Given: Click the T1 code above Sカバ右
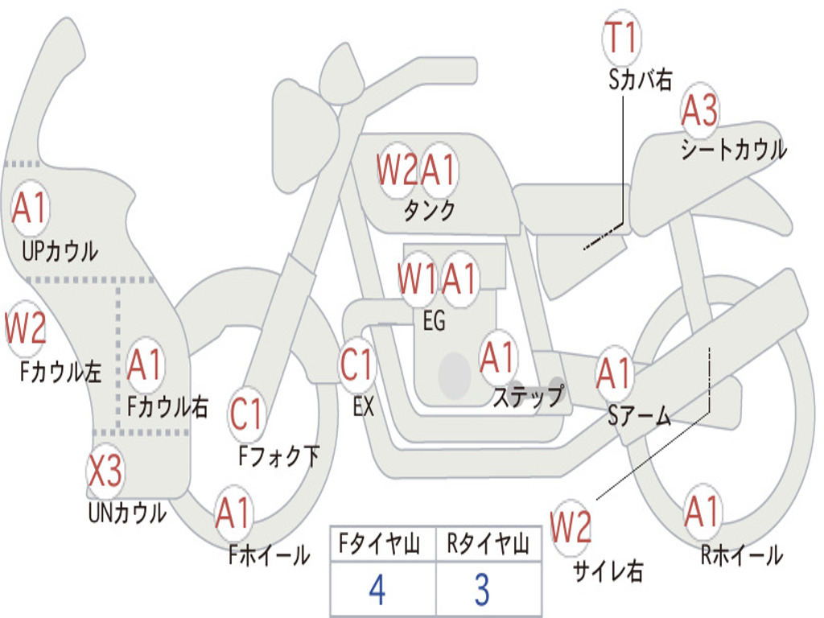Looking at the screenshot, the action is coord(622,38).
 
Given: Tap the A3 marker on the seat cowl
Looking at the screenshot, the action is coord(699,110).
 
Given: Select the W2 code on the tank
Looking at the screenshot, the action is coord(397,171).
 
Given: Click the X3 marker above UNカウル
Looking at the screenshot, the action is coord(105,471).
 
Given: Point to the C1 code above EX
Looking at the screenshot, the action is coord(356,365).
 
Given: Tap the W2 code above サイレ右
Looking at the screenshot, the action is coord(571,527).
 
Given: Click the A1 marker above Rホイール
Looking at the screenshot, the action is coord(702,511).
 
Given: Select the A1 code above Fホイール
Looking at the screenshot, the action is coord(233,513).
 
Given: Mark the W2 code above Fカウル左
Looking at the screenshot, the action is coord(25,328).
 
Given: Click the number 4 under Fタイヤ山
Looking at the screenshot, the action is coord(377,590).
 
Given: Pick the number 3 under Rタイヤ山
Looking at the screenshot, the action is coord(483,590).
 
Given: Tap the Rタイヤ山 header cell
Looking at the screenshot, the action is coord(488,543).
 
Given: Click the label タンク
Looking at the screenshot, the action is coord(430,210).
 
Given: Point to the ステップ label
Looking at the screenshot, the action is coord(528,396).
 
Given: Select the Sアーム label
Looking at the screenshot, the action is coord(640,416).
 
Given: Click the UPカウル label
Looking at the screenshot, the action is coord(60,251).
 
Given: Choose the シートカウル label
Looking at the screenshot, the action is coord(734,150).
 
